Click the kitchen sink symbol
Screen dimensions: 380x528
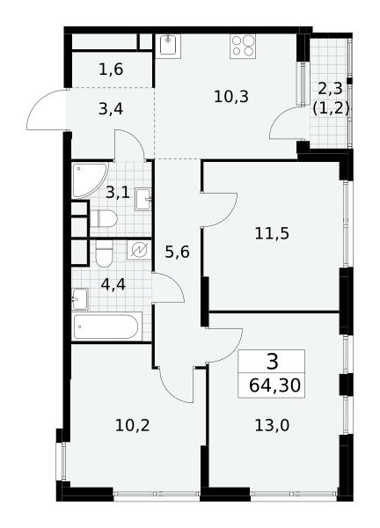(168, 46)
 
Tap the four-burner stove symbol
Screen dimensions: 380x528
(243, 46)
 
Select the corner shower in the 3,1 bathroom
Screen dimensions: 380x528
(90, 180)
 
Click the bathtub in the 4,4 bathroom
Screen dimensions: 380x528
(106, 326)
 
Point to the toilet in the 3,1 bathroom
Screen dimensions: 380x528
(103, 218)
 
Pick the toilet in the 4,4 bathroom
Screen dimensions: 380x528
(104, 253)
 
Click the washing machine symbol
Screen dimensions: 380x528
(139, 250)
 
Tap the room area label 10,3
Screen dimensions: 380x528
(231, 97)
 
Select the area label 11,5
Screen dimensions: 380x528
(272, 233)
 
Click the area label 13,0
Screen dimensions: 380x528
(272, 426)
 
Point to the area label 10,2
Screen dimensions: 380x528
(132, 426)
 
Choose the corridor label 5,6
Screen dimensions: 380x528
(177, 252)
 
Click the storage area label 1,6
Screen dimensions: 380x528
(111, 70)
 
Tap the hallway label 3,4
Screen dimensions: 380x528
(111, 109)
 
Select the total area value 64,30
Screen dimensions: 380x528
(274, 385)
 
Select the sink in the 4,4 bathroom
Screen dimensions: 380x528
(80, 299)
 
